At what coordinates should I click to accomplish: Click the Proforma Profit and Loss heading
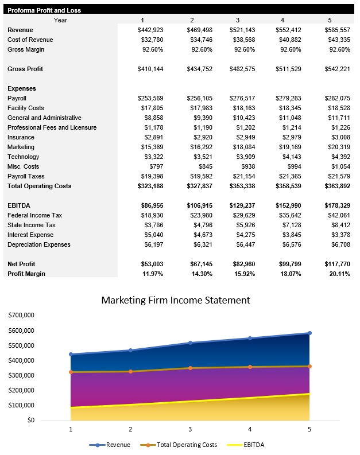click(44, 10)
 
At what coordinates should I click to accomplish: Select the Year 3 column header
click(238, 20)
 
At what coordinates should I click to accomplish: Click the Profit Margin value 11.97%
click(151, 274)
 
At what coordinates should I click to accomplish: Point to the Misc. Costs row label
click(24, 166)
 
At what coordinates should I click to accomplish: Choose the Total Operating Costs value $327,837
click(198, 186)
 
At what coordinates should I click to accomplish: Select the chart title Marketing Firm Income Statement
click(176, 300)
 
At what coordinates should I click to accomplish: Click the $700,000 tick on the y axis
click(21, 316)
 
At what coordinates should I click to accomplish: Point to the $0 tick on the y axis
click(29, 421)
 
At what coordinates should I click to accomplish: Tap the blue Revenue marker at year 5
click(309, 333)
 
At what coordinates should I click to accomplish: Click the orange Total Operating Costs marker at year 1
click(71, 372)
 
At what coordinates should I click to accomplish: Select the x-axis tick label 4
click(250, 429)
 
